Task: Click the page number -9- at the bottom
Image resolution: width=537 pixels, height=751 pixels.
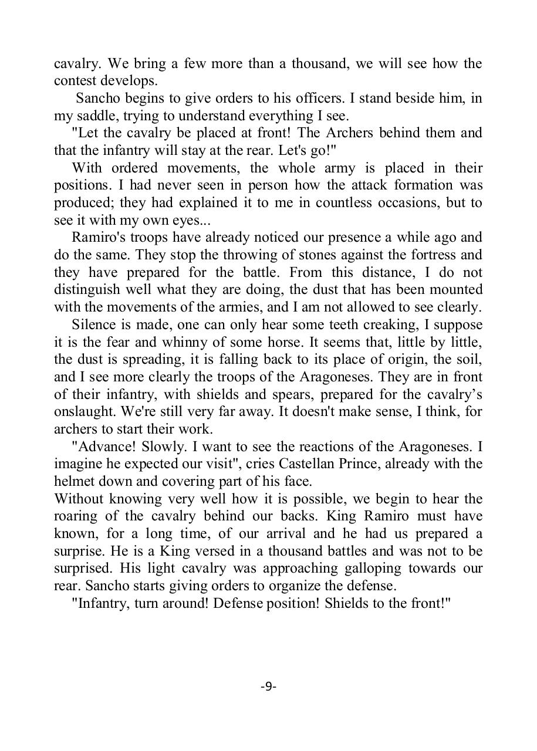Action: (x=268, y=686)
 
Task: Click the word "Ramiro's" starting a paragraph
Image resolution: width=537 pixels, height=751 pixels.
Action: (x=97, y=238)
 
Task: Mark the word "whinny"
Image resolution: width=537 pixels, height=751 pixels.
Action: (x=174, y=342)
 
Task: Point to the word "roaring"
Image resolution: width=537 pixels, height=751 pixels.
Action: (x=77, y=516)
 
